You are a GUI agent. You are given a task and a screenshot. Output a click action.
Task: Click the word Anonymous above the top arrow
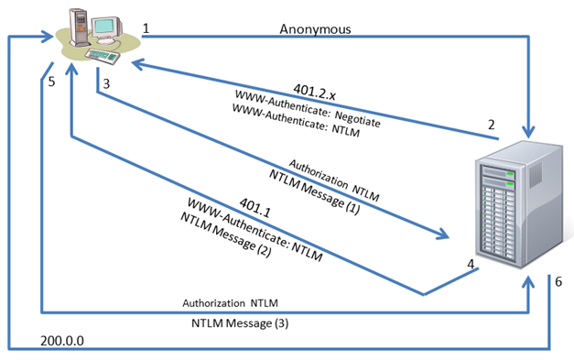pos(315,29)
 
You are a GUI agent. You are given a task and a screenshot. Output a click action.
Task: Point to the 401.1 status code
pos(255,209)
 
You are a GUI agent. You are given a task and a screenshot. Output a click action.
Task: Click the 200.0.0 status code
pos(63,340)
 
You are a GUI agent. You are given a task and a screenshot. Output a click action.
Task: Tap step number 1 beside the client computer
pos(146,28)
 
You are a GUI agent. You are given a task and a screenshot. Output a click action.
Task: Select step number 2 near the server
pos(492,125)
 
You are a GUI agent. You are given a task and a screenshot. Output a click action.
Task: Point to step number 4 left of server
pos(470,264)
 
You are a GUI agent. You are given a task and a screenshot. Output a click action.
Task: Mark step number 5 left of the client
pos(51,82)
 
